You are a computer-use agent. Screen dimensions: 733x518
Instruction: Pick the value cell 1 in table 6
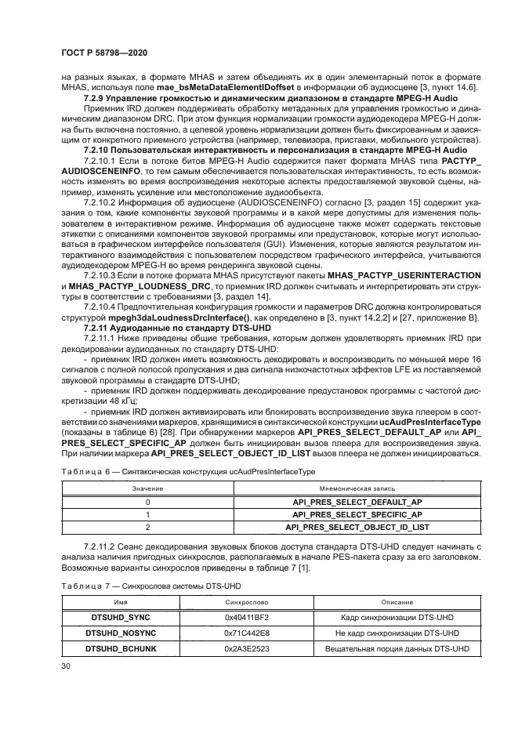[147, 515]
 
